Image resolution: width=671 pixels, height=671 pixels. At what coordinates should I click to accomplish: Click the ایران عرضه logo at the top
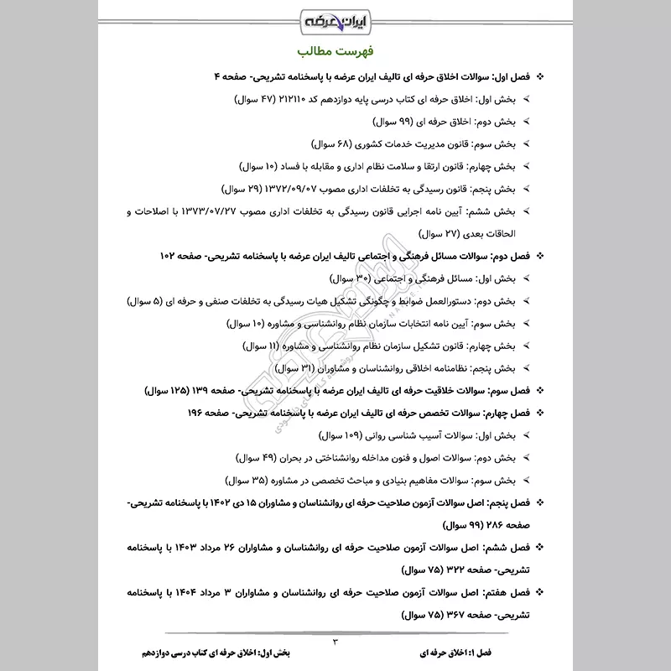[x=335, y=19]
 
